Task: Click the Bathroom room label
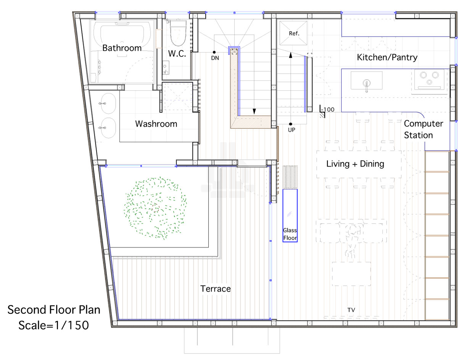(122, 48)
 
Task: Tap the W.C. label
(177, 54)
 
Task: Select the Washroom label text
(156, 124)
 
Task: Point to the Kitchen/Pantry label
(387, 57)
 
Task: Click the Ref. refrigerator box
(293, 33)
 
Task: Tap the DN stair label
(215, 58)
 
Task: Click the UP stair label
(292, 130)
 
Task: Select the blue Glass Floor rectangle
(290, 215)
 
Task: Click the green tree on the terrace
(155, 208)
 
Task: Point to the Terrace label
(215, 289)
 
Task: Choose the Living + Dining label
(355, 164)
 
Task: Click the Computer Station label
(423, 129)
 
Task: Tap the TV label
(351, 310)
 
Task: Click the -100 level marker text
(327, 109)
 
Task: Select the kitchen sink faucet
(366, 85)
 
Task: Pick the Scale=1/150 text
(54, 325)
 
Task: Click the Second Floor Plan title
(54, 310)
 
